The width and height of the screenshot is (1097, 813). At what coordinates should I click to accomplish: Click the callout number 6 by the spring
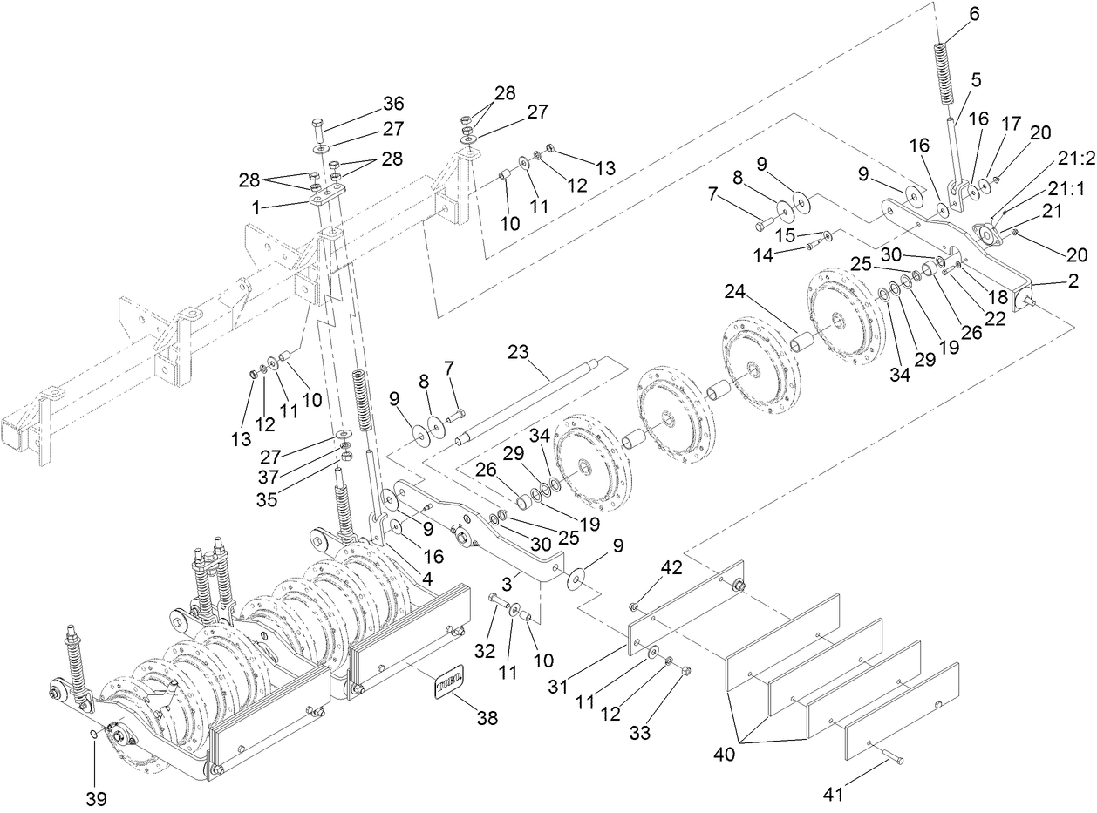tap(950, 14)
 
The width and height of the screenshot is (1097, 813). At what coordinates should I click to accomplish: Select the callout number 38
tap(487, 717)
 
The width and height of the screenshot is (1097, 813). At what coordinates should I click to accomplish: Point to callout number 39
tap(96, 799)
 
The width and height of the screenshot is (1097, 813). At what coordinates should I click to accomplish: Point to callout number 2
tap(1072, 281)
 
